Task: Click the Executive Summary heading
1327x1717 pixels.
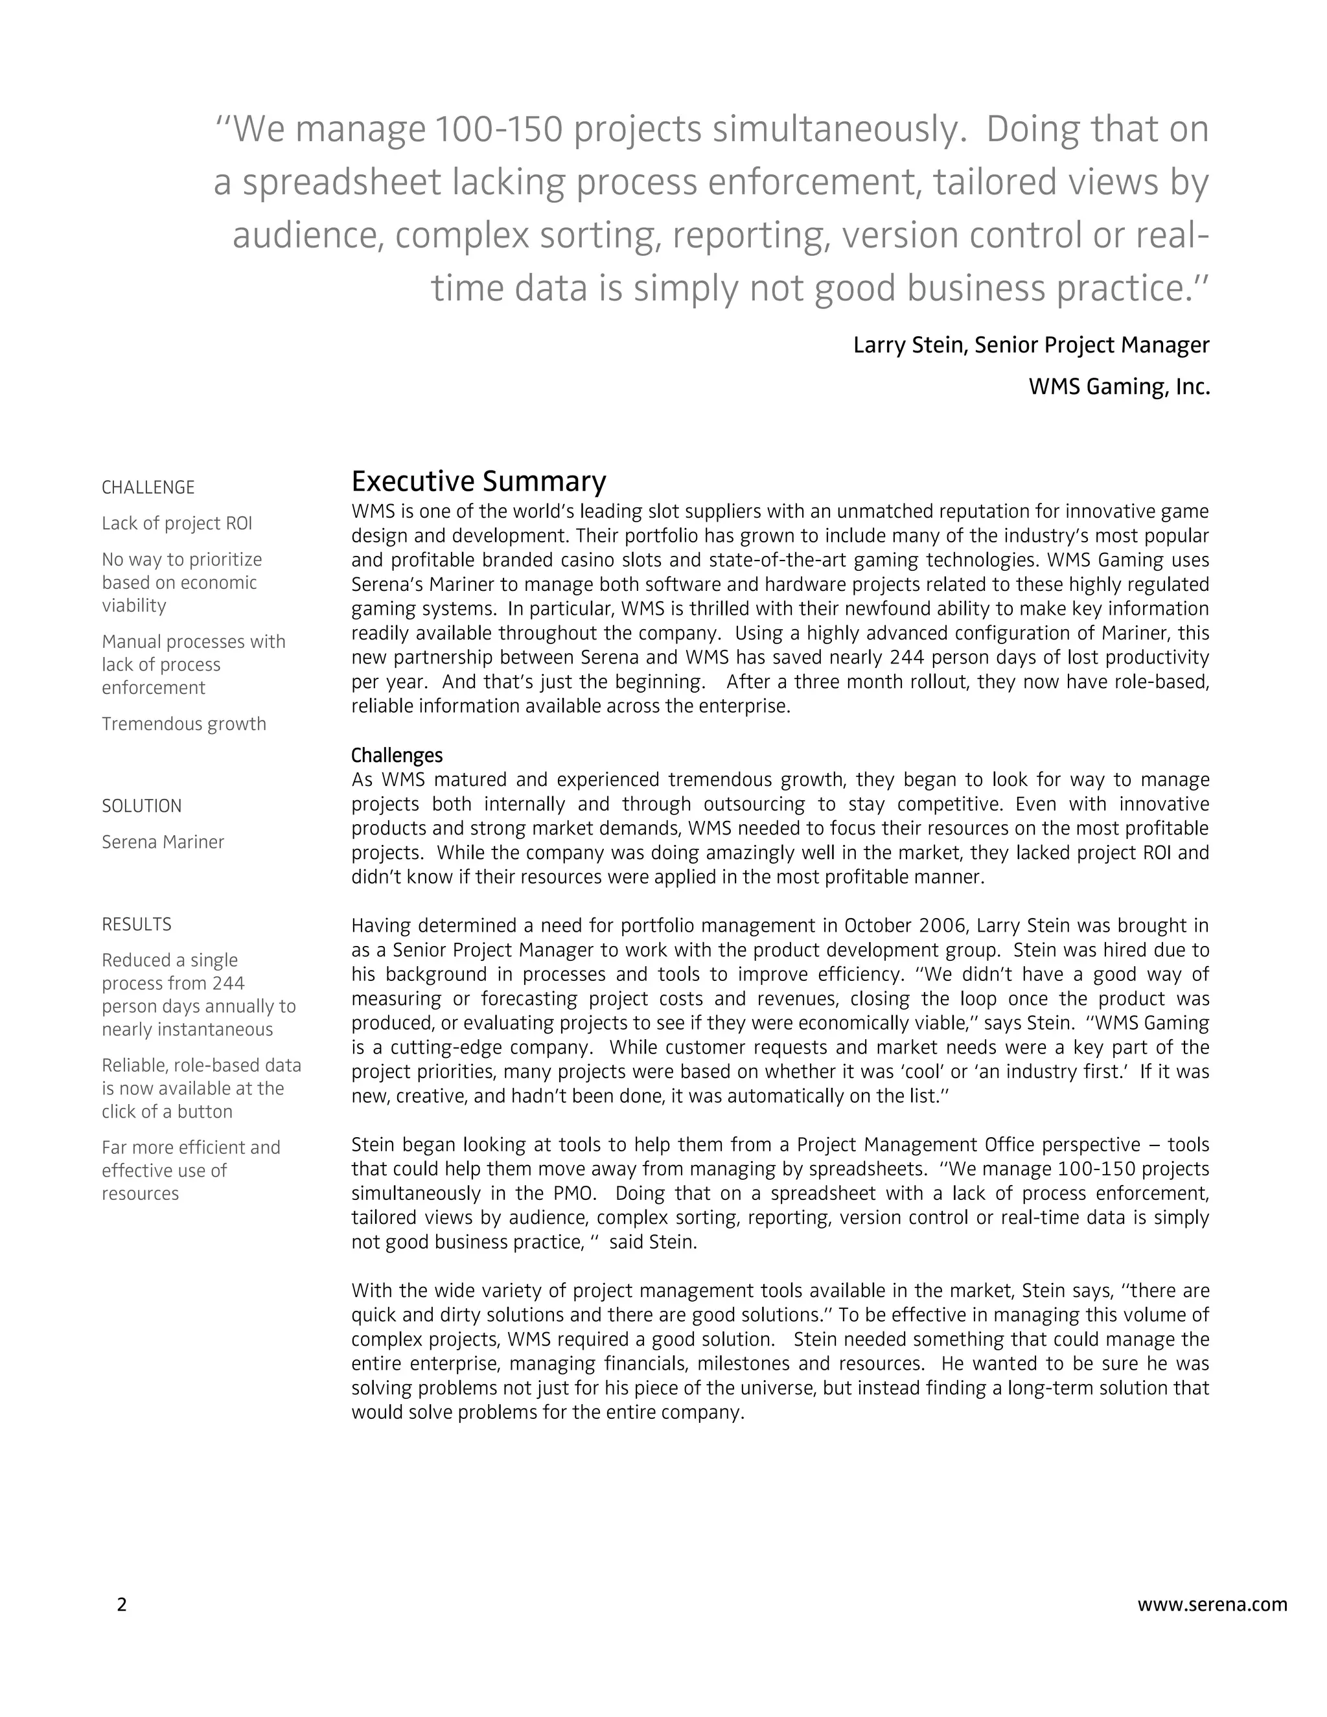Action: (x=478, y=481)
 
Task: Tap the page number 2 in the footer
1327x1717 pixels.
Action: (x=121, y=1604)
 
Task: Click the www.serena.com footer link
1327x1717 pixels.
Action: (x=1212, y=1604)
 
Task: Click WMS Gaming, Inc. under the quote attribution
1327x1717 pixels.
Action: (x=1118, y=387)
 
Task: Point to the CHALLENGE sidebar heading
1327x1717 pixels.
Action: (x=148, y=487)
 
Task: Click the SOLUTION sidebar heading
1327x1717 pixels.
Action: (x=141, y=806)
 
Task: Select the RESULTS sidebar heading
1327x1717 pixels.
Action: (x=137, y=925)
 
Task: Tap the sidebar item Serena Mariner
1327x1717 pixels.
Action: (x=163, y=842)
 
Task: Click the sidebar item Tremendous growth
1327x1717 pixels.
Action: (x=184, y=724)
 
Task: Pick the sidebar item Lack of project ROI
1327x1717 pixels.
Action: (x=177, y=524)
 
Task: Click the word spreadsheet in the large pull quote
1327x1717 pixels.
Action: (x=341, y=183)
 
